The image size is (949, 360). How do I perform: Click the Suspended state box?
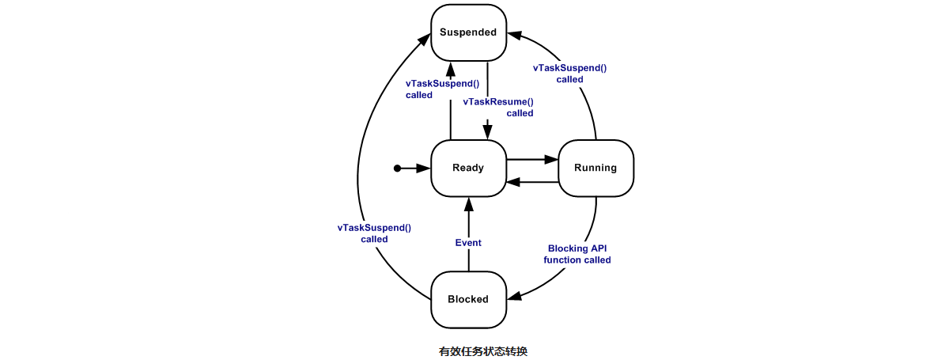(468, 32)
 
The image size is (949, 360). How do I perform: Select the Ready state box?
(468, 168)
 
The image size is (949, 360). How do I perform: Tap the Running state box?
(595, 168)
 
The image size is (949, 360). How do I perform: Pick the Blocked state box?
(468, 299)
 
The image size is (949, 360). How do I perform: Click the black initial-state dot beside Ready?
(398, 168)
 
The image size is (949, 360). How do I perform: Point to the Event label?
(468, 243)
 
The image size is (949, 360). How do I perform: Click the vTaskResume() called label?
(498, 107)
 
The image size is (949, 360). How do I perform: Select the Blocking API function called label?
(577, 254)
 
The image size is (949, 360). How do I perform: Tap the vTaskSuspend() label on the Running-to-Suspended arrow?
(569, 73)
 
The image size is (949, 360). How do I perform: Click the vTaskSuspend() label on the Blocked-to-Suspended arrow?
(374, 233)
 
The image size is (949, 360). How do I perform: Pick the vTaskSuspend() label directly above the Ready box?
(442, 89)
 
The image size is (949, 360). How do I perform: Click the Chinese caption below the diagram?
(482, 351)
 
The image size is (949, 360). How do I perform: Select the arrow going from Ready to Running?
(531, 160)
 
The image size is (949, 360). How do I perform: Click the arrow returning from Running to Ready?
(531, 183)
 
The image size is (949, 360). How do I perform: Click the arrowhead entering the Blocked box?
(515, 297)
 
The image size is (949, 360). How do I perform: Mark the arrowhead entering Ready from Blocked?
(468, 203)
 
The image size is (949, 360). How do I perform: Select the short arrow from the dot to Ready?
(415, 168)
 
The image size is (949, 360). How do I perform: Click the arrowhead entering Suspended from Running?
(515, 34)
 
